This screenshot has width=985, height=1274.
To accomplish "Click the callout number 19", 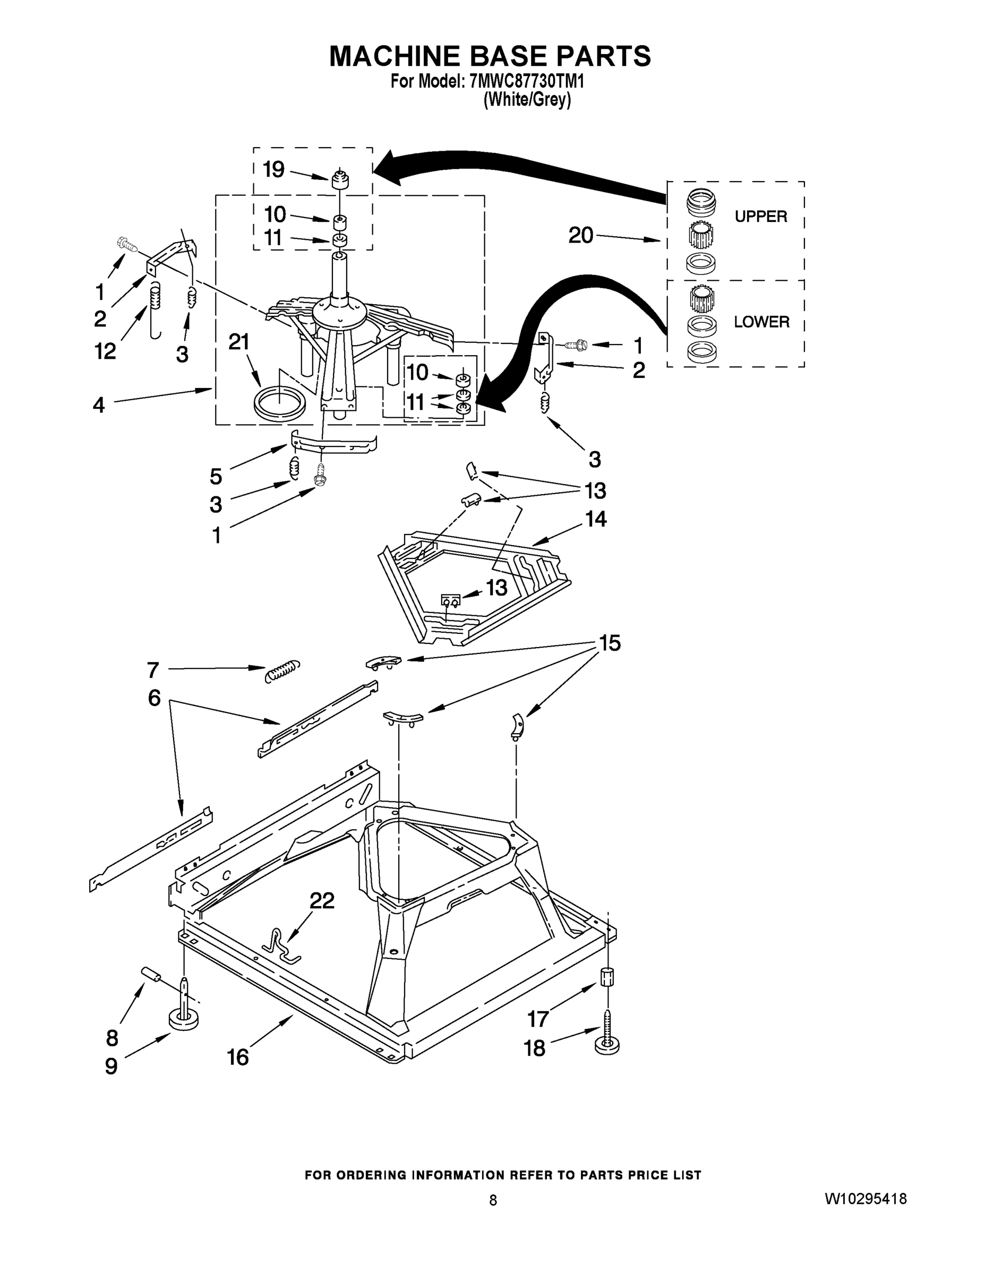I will pyautogui.click(x=273, y=170).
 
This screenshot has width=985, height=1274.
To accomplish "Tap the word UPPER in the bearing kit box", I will pyautogui.click(x=760, y=217).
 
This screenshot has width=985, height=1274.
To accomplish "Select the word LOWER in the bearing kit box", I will pyautogui.click(x=761, y=322).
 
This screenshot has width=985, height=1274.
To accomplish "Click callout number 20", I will pyautogui.click(x=580, y=236).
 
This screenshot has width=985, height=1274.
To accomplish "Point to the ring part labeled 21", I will pyautogui.click(x=280, y=403).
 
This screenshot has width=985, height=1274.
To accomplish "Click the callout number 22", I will pyautogui.click(x=322, y=901).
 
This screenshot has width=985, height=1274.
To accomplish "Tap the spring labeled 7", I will pyautogui.click(x=282, y=671).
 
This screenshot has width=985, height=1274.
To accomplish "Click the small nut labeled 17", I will pyautogui.click(x=607, y=975).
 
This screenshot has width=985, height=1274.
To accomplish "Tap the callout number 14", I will pyautogui.click(x=596, y=519).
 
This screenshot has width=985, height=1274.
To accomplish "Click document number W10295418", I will pyautogui.click(x=866, y=1199).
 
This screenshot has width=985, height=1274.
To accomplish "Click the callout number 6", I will pyautogui.click(x=154, y=698).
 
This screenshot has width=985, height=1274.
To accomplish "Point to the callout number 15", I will pyautogui.click(x=610, y=643).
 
